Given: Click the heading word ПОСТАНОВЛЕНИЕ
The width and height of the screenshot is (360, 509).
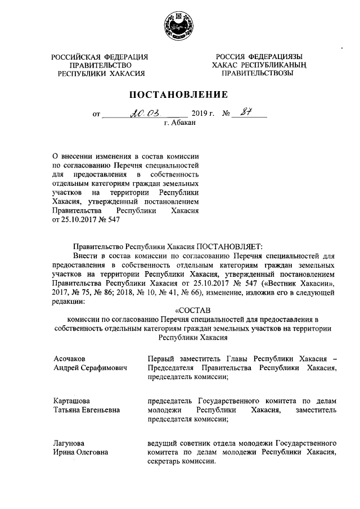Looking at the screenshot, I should pyautogui.click(x=179, y=94).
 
